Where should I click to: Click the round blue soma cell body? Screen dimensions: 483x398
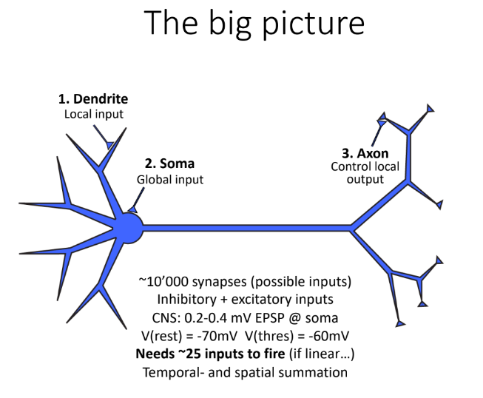[x=129, y=228]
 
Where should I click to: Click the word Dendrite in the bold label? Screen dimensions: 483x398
[x=101, y=99]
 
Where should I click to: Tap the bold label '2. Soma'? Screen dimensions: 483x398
[x=169, y=163]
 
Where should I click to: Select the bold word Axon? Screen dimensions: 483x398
[x=373, y=153]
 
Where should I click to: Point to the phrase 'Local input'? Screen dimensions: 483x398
[x=94, y=114]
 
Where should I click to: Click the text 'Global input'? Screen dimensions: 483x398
[x=170, y=180]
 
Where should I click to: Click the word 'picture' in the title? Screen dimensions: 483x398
[x=314, y=24]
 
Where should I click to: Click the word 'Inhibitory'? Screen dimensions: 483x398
[x=186, y=300]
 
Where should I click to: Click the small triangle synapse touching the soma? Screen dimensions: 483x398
[x=133, y=209]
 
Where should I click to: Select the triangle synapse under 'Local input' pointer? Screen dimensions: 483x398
[x=109, y=144]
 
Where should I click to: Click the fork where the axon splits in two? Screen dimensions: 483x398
[x=352, y=229]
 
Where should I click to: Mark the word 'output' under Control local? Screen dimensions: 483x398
[x=365, y=179]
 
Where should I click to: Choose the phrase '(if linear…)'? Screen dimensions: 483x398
[x=322, y=354]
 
